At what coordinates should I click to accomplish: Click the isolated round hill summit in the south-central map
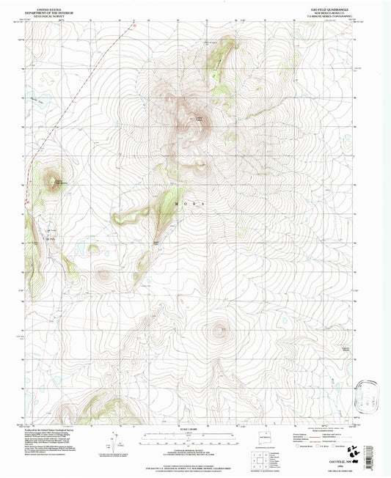tap(219, 329)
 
